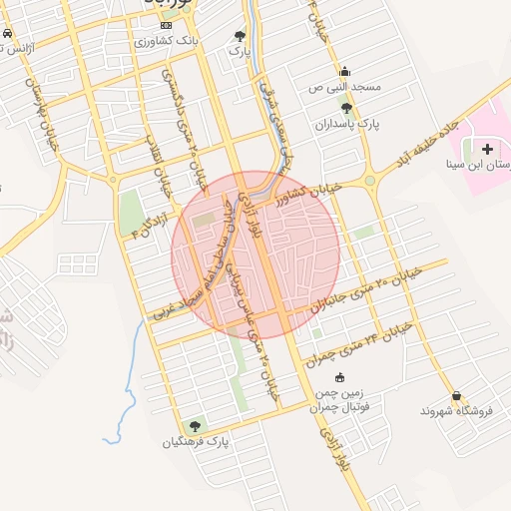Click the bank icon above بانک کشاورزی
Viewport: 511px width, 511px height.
pos(166,24)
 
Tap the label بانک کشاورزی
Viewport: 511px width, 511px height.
pos(168,42)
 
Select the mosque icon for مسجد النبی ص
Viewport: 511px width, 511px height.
pos(345,71)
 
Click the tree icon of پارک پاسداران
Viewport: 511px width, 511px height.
pos(346,108)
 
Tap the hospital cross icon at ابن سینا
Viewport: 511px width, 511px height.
pos(487,150)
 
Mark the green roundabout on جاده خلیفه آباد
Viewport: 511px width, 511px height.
pos(370,181)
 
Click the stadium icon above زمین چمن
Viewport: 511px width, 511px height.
pos(339,377)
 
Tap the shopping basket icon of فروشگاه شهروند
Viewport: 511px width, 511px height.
pos(457,395)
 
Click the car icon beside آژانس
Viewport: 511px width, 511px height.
pos(7,33)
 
